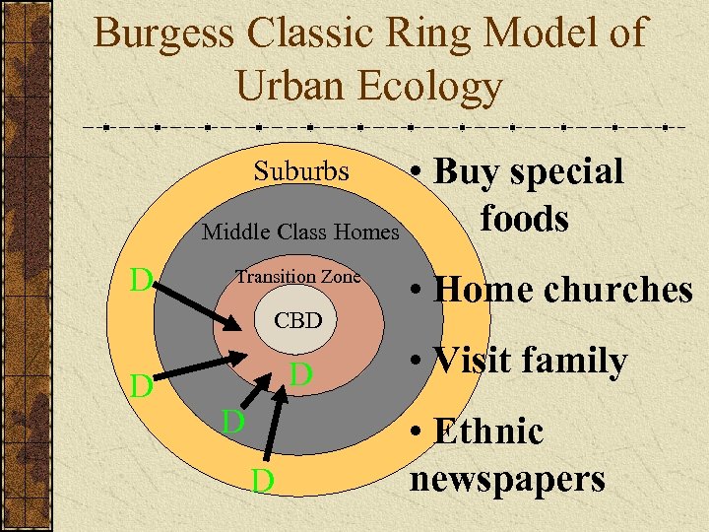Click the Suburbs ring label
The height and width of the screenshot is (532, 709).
[x=301, y=171]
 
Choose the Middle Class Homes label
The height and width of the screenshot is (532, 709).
[x=300, y=233]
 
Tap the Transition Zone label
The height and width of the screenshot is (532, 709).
[x=297, y=277]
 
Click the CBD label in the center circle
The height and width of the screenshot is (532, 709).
[x=297, y=321]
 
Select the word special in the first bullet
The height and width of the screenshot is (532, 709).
[x=572, y=172]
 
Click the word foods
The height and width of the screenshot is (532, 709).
[x=525, y=218]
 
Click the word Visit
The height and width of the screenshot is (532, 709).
[x=470, y=362]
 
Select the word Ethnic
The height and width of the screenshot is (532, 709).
[x=488, y=432]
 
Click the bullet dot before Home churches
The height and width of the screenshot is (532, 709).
[x=419, y=292]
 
